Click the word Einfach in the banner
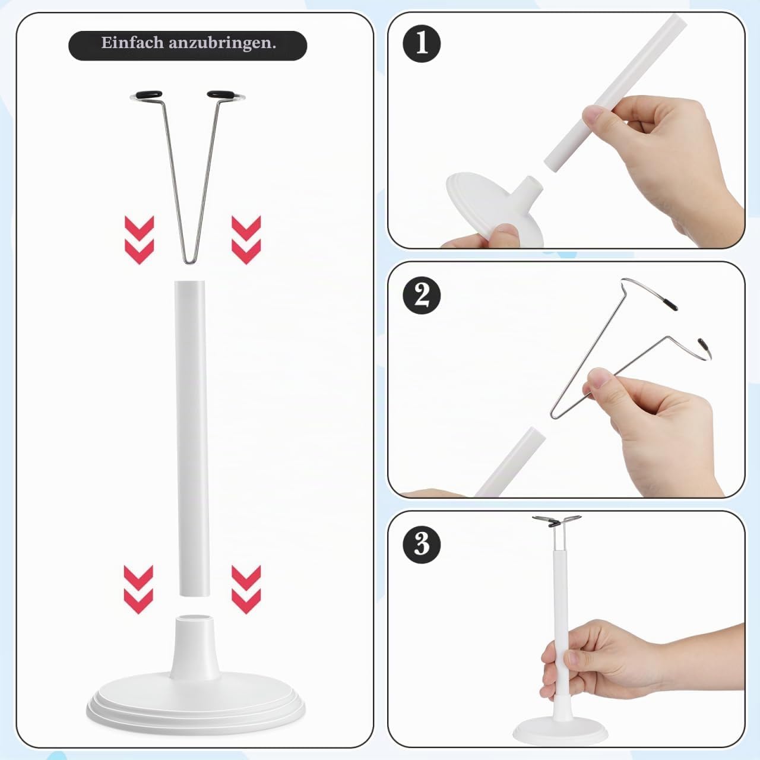132,43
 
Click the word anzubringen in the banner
222,43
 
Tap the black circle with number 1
422,43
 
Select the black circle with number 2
422,296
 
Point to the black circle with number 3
422,544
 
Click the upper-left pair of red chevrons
139,240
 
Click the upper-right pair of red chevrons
246,240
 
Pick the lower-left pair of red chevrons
138,589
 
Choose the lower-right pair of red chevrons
246,589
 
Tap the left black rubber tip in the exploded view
148,94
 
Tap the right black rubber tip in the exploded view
221,94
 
